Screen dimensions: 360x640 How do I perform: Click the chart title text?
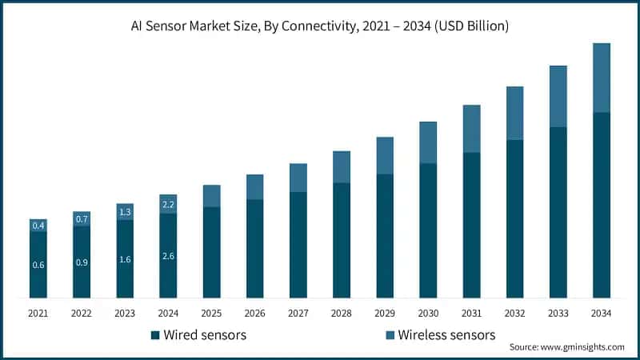[320, 26]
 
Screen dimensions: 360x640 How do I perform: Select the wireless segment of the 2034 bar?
[602, 78]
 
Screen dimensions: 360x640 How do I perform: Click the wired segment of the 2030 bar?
[428, 230]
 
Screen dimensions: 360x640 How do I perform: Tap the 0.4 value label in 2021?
[38, 226]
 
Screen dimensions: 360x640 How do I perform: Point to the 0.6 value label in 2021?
[38, 265]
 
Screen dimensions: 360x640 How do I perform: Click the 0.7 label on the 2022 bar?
[82, 219]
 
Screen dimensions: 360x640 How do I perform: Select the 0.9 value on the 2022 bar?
[82, 262]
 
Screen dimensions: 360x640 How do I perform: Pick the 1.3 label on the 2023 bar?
[125, 212]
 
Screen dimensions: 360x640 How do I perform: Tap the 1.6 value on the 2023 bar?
[125, 259]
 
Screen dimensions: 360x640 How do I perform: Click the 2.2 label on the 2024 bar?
[168, 205]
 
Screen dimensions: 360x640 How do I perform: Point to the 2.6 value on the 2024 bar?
[168, 256]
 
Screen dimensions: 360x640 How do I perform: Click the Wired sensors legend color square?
[154, 334]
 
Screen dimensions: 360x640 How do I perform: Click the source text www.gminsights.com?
[566, 347]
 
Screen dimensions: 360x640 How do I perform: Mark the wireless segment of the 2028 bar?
[342, 166]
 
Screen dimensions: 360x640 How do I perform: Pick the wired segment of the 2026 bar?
[255, 249]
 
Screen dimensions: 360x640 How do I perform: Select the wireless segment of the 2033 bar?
[558, 96]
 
